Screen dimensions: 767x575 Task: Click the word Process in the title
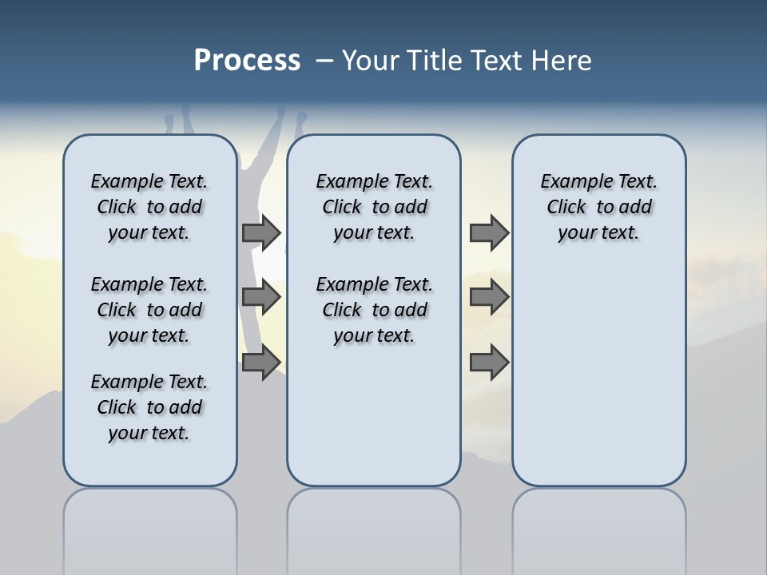247,61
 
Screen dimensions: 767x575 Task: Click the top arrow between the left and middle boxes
261,232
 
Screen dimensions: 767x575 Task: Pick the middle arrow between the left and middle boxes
261,297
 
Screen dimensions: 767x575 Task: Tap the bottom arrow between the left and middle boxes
261,363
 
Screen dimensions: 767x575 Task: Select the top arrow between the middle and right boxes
489,232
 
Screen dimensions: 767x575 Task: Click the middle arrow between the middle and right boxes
489,297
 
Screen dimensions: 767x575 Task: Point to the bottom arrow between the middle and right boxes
489,363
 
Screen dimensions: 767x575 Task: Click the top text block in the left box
149,207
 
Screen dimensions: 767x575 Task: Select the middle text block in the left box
149,310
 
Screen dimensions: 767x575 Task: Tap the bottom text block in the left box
149,407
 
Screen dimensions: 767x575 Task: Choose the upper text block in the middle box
374,207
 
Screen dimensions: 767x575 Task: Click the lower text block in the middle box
374,310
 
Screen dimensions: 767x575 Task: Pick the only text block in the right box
598,207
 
